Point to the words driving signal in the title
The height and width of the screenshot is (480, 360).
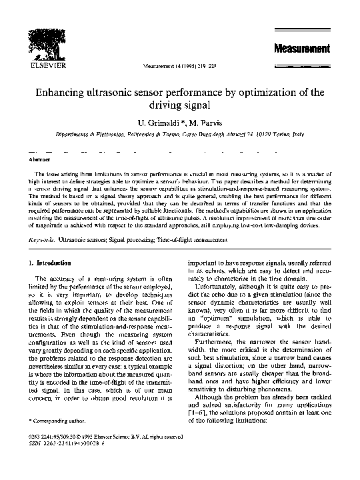(x=180, y=105)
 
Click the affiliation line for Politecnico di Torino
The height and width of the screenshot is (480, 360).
(x=180, y=134)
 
